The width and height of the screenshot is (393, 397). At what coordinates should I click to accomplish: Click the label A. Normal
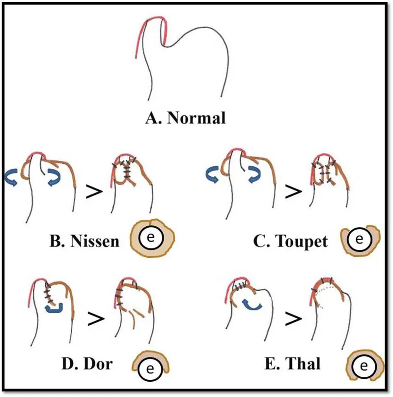(x=185, y=118)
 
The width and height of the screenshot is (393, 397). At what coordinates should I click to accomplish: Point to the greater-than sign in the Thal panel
(x=294, y=319)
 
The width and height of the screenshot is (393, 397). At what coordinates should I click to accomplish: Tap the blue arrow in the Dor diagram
(x=53, y=308)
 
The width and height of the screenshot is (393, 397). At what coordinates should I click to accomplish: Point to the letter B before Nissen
(x=56, y=241)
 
